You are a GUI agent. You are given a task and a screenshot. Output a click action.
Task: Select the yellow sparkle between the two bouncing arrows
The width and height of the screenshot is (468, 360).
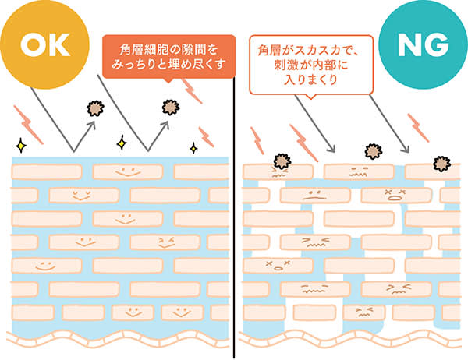point(121,143)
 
